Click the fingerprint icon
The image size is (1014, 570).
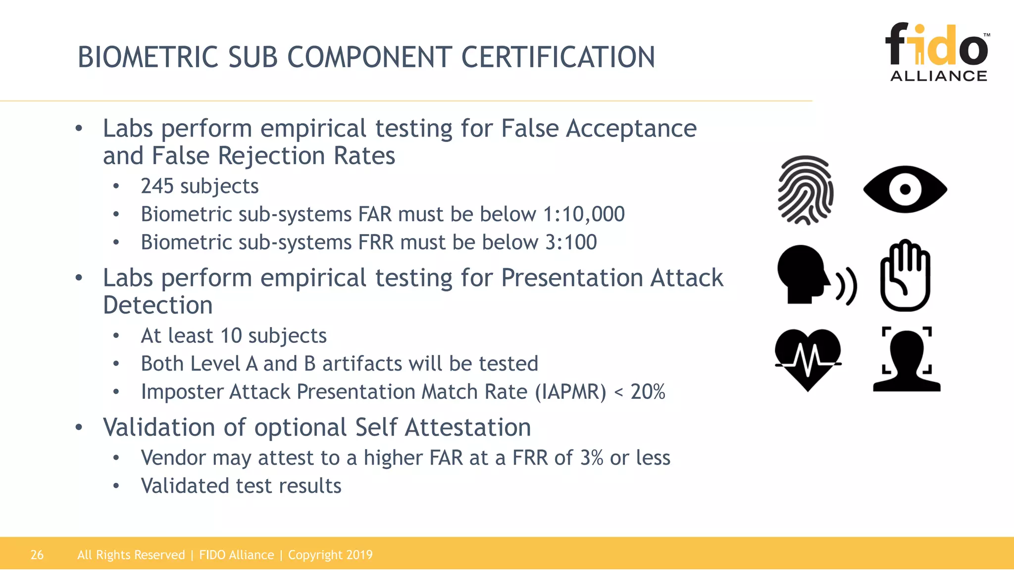click(x=806, y=190)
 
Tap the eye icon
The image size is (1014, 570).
click(x=905, y=190)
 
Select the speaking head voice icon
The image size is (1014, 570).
click(x=814, y=275)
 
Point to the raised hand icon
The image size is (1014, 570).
click(x=905, y=276)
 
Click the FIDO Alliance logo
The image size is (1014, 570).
click(x=938, y=52)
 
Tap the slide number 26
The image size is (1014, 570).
click(x=37, y=555)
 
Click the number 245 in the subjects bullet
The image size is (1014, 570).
click(x=157, y=187)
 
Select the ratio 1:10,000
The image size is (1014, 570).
click(x=584, y=214)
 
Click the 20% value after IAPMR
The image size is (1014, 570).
click(x=648, y=392)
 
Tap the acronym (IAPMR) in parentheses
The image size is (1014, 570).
click(x=570, y=392)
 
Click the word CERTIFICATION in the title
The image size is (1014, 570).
click(x=558, y=57)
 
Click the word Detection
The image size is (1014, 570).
click(x=158, y=305)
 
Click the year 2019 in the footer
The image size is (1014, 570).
click(x=359, y=555)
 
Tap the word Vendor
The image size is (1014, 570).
click(x=173, y=458)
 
